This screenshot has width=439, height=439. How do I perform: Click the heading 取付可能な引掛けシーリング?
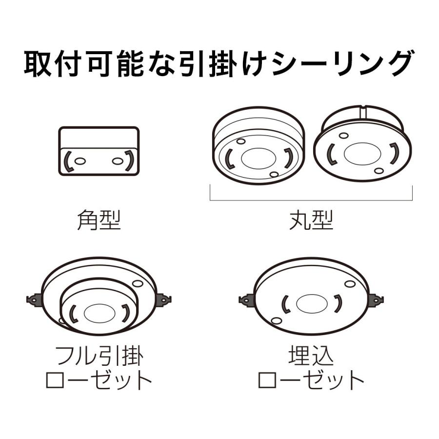(219, 63)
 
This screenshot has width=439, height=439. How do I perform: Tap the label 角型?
(99, 220)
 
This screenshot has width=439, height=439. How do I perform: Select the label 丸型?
(311, 220)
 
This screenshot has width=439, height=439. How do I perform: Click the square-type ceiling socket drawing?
(99, 152)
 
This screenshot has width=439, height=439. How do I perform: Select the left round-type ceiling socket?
(257, 146)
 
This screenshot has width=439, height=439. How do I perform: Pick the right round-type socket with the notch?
(362, 146)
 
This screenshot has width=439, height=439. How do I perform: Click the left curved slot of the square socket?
(69, 161)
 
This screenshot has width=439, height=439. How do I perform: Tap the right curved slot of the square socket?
(129, 160)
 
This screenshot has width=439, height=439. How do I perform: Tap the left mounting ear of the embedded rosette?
(246, 299)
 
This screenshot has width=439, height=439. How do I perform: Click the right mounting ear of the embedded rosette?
(376, 299)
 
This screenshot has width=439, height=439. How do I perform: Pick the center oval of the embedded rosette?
(311, 303)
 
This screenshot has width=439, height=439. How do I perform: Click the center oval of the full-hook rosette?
(99, 312)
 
